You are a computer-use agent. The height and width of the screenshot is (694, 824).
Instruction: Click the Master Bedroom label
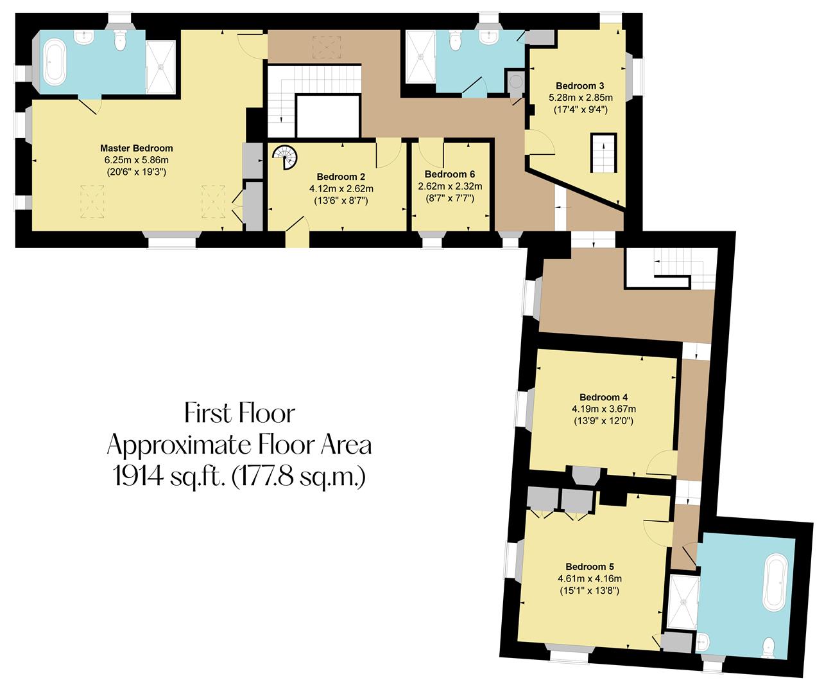coord(136,148)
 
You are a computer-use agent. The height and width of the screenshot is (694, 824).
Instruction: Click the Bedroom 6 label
coord(450,174)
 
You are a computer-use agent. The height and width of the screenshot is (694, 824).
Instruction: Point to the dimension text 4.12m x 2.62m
coord(341,189)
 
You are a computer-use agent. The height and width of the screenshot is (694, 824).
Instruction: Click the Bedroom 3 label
coord(580,85)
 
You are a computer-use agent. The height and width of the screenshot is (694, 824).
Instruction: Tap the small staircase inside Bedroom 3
coord(603,152)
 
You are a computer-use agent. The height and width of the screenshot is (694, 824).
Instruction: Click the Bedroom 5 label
coord(589,566)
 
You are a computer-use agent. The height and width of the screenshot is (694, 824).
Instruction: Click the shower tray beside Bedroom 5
coord(682,601)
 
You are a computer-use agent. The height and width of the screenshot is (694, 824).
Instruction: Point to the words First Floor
coord(239,413)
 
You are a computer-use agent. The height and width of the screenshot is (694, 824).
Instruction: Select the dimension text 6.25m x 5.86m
coord(136,160)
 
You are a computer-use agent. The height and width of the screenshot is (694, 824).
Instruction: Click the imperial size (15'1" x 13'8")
coord(589,590)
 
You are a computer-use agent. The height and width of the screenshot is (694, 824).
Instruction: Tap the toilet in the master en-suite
coord(118,40)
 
